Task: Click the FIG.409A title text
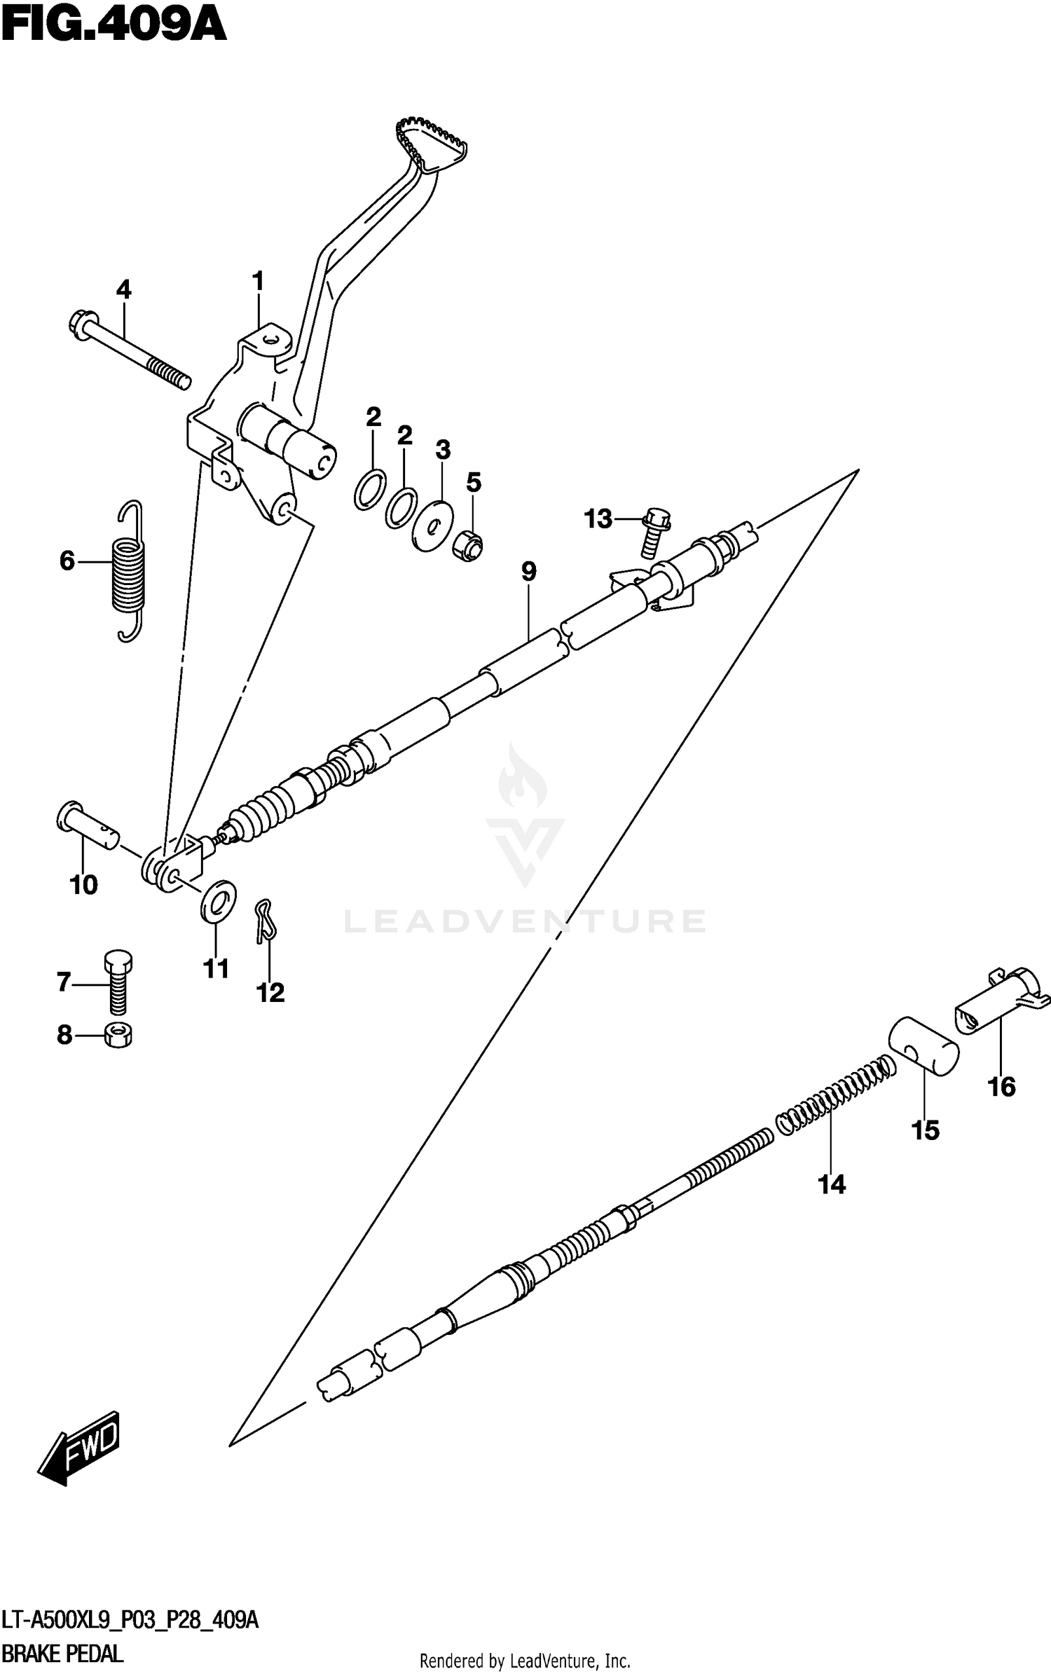click(114, 27)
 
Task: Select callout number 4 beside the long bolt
click(123, 289)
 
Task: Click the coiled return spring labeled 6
click(130, 571)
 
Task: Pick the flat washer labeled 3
click(433, 526)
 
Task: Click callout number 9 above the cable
click(528, 572)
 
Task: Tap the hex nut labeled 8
click(118, 1035)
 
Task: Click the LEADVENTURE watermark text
click(525, 921)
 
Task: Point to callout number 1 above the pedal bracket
click(258, 282)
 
